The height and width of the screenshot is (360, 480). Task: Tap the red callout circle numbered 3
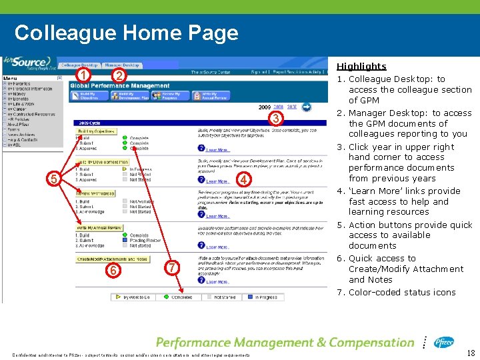coord(273,119)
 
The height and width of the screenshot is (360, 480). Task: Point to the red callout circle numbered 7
coord(171,267)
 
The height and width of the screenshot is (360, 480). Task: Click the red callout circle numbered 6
coord(114,270)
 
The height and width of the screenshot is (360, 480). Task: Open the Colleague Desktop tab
coord(79,65)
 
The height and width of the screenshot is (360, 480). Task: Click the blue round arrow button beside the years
coord(306,106)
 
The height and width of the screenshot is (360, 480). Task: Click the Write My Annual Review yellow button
coord(99,228)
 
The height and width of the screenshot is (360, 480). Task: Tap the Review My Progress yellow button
coord(95,193)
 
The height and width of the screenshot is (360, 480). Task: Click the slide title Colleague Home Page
coord(126,33)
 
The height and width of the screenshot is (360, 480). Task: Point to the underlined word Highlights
coord(361,66)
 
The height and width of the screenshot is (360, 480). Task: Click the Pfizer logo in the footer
coord(443,343)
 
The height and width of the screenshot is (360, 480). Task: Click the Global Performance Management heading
coord(120,85)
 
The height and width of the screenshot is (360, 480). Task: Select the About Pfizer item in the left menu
coord(19,124)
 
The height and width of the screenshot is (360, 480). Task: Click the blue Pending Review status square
coord(125,240)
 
